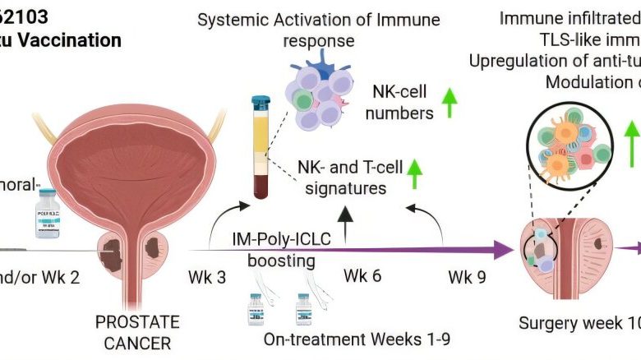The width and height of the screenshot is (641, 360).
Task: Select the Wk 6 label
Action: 362,275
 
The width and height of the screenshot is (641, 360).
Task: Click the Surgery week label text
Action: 574,323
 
